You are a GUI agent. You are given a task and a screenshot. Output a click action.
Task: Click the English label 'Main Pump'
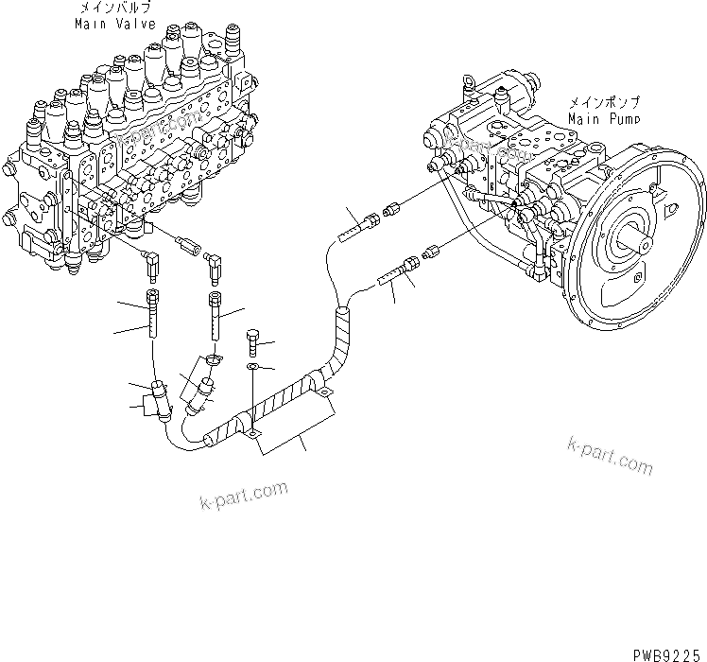pos(604,119)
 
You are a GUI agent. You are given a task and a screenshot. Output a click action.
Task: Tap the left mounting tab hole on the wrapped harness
pos(252,434)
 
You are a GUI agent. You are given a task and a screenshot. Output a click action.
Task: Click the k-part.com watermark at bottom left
pos(243,496)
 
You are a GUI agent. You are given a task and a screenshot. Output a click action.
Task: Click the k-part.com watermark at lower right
pos(610,457)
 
